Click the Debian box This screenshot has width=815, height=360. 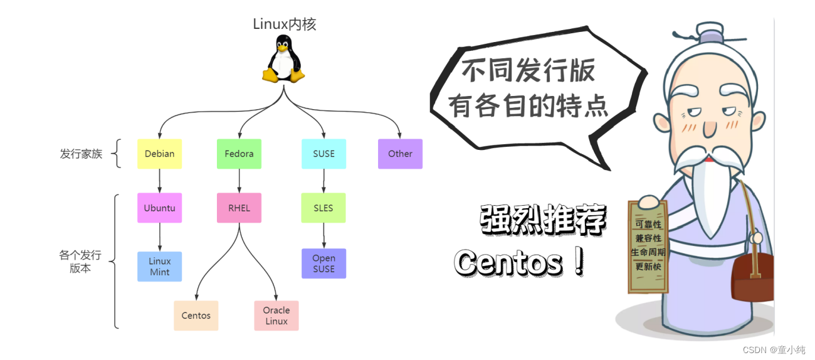159,154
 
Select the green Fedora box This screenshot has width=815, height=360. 239,154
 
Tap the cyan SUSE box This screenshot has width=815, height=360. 323,154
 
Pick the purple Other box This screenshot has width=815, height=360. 400,154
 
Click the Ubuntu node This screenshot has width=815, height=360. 159,208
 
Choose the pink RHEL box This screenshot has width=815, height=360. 239,208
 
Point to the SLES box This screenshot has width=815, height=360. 323,208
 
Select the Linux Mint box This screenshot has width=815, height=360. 159,267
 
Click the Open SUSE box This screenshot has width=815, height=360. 323,263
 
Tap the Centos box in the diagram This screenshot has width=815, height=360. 196,315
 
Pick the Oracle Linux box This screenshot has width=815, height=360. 276,315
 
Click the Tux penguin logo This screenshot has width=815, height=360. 283,59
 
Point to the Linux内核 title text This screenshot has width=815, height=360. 285,24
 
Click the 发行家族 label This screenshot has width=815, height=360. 81,154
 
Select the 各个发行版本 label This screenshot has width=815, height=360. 80,262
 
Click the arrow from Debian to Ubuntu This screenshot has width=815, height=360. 159,181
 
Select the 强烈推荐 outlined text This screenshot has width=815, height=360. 543,220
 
